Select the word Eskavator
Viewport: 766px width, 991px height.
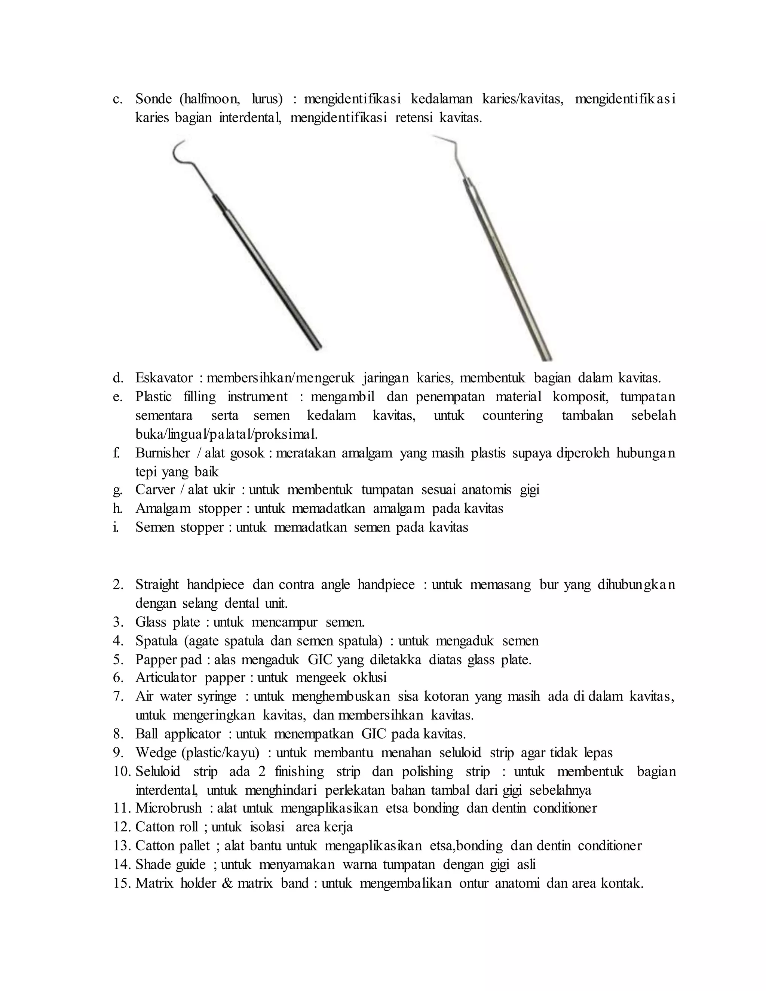pos(164,378)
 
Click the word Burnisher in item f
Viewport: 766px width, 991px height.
pos(162,453)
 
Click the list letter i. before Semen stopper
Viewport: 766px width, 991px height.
pos(116,527)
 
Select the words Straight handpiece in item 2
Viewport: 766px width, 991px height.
pos(189,585)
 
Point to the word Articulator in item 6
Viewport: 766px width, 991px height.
pos(166,678)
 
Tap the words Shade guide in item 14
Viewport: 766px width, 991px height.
pos(170,864)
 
